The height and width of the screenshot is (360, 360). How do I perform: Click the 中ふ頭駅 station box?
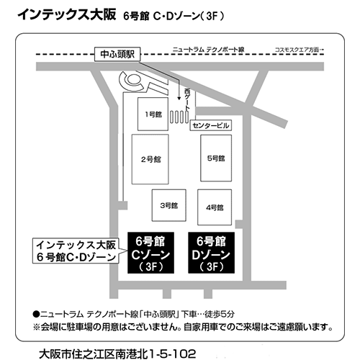click(117, 54)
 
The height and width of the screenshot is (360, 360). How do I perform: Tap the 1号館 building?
click(153, 114)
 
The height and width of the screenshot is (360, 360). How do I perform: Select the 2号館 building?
click(150, 159)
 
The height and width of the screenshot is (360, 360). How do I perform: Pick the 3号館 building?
click(169, 205)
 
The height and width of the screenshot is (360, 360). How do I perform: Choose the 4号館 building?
click(215, 207)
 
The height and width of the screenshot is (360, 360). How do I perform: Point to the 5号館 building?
click(216, 158)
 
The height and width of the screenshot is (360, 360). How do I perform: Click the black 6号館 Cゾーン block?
click(150, 253)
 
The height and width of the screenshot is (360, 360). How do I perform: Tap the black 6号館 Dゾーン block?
click(212, 253)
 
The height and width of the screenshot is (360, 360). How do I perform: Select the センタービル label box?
click(211, 125)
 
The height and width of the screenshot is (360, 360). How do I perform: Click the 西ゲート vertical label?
click(187, 99)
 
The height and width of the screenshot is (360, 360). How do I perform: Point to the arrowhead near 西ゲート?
click(179, 98)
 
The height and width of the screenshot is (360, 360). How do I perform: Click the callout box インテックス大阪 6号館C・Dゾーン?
click(76, 251)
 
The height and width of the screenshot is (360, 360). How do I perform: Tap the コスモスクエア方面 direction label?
click(299, 50)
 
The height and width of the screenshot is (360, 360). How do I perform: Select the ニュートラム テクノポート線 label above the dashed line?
click(208, 50)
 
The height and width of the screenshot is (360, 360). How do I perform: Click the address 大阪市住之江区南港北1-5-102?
click(117, 354)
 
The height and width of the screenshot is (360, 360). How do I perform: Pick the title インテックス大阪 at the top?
click(67, 14)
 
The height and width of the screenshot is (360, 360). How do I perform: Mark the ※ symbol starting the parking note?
click(37, 327)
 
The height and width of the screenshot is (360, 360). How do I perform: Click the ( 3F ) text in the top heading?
click(212, 17)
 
